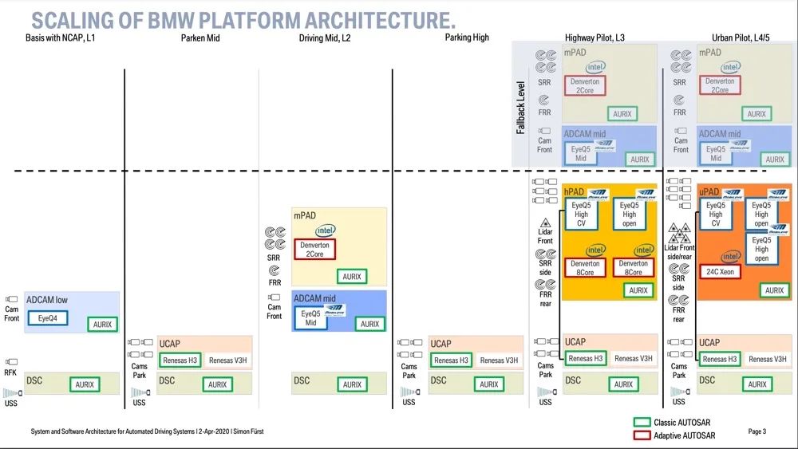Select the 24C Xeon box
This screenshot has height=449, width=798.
[x=720, y=272]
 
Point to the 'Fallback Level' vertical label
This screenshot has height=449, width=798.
[x=520, y=107]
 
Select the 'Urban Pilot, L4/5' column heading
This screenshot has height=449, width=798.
[x=745, y=37]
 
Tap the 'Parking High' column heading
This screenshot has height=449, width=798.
[x=467, y=37]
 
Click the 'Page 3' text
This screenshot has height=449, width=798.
[x=757, y=431]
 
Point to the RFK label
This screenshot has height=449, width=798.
[x=10, y=372]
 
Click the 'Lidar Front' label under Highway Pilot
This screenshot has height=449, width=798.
[x=546, y=236]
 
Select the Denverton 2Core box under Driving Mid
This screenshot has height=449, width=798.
[x=314, y=250]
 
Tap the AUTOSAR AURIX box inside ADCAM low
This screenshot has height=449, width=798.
[x=102, y=325]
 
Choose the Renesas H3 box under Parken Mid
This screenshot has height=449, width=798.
[x=180, y=360]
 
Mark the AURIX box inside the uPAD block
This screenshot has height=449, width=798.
[x=774, y=291]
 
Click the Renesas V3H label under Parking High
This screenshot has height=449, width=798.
[x=499, y=360]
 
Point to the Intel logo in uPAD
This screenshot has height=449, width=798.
[x=730, y=257]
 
